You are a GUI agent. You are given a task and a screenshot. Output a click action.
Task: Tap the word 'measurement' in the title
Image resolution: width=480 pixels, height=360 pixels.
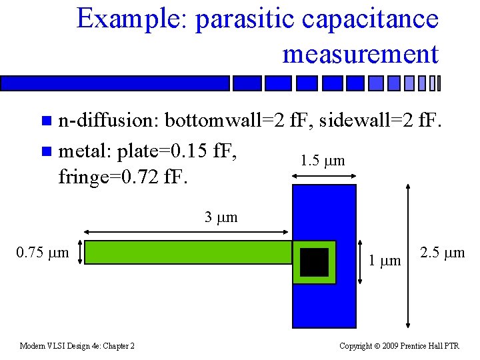tap(361, 53)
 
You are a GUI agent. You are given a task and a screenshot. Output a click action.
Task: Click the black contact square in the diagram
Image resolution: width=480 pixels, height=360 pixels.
tap(314, 262)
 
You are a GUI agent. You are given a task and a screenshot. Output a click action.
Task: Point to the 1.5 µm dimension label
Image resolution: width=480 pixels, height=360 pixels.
tap(323, 161)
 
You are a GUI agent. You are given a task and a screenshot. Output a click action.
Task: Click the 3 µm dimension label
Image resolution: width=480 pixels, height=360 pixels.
tap(221, 217)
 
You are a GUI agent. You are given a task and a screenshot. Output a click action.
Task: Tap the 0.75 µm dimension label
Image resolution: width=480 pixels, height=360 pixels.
tap(43, 253)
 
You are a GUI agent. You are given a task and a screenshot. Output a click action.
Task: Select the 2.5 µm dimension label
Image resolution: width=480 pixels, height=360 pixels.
tap(443, 253)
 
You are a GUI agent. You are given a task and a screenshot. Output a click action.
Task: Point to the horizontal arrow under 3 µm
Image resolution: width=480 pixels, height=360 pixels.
tap(187, 232)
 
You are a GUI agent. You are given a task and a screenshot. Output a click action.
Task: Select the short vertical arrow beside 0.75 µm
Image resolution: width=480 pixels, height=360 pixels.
tap(81, 253)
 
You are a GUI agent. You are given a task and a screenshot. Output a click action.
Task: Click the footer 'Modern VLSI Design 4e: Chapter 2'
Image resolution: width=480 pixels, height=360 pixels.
tap(77, 346)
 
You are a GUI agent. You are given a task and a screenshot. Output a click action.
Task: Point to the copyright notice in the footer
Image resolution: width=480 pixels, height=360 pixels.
tap(399, 346)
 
